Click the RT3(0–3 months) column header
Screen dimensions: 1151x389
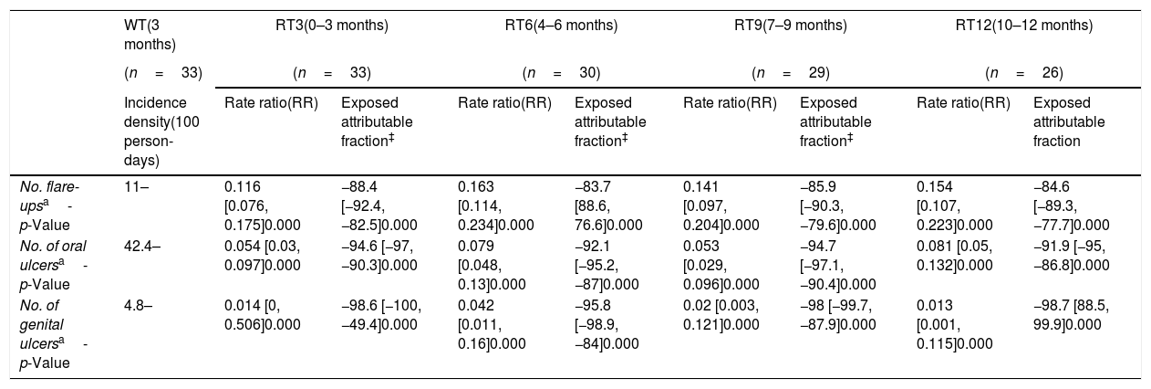(x=332, y=26)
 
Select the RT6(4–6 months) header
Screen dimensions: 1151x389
(x=561, y=26)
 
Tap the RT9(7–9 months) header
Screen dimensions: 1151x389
(x=790, y=26)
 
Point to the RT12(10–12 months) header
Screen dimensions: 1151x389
(x=1024, y=26)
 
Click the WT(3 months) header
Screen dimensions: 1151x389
(x=150, y=35)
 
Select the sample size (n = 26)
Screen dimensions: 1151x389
(x=1024, y=73)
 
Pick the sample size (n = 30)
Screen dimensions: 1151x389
(x=561, y=73)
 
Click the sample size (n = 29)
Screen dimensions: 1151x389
(x=790, y=73)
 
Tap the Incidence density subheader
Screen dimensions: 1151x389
(x=161, y=131)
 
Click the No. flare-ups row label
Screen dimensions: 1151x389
(x=50, y=205)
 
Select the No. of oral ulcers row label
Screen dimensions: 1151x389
(x=54, y=265)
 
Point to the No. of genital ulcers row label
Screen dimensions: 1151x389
(x=54, y=334)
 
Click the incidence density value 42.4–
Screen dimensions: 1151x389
(x=141, y=247)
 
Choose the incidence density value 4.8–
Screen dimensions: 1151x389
(x=138, y=306)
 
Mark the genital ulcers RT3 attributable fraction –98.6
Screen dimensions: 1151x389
(x=358, y=306)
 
